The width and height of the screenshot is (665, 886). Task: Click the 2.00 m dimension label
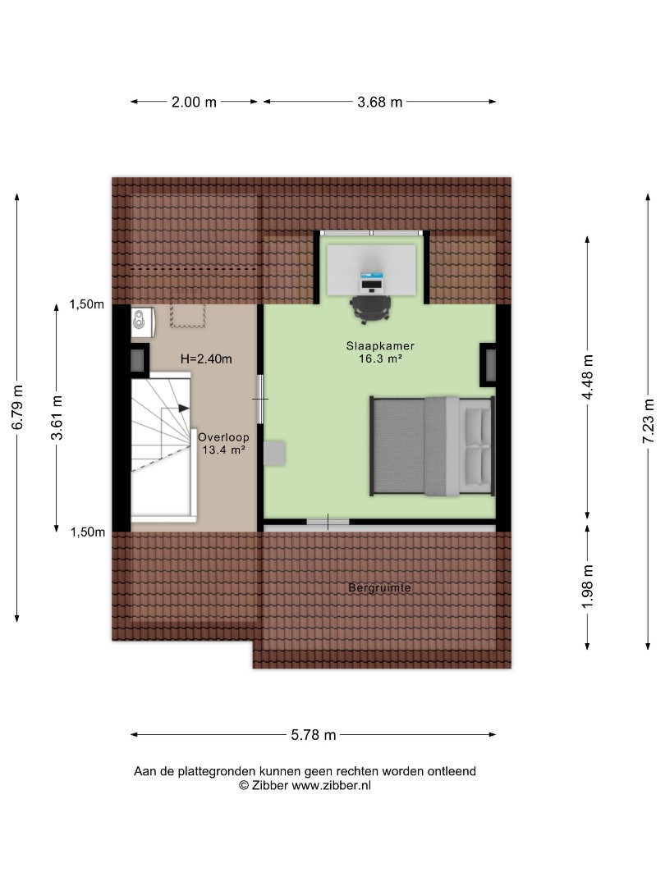(x=194, y=103)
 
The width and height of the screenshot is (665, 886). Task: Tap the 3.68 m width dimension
(x=379, y=103)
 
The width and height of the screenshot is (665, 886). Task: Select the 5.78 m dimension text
(x=314, y=735)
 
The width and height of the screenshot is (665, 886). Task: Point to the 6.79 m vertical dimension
(x=17, y=407)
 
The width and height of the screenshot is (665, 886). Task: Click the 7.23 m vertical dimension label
(x=649, y=421)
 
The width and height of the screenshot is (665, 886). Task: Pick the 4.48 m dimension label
(x=588, y=377)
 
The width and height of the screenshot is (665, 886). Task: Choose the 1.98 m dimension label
(x=588, y=587)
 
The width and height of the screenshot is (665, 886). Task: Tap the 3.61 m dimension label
(x=57, y=418)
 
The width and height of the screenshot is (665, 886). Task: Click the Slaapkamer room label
(x=381, y=346)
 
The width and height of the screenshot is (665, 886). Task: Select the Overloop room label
(x=223, y=436)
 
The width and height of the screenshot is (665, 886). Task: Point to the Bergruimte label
(x=379, y=587)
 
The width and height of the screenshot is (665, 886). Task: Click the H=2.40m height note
(x=206, y=359)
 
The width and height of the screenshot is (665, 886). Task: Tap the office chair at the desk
(x=371, y=308)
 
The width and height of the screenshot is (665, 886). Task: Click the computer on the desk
(x=372, y=281)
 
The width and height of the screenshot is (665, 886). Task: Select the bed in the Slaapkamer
(x=432, y=446)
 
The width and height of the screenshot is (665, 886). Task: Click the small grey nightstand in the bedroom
(x=274, y=453)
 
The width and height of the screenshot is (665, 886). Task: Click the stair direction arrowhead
(x=184, y=408)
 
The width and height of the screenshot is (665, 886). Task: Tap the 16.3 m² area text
(x=381, y=359)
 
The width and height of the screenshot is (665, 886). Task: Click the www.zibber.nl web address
(x=331, y=785)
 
